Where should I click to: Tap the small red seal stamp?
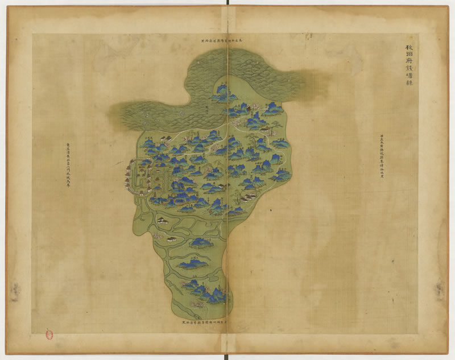49,336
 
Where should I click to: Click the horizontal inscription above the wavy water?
227,42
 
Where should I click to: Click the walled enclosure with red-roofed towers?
139,177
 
